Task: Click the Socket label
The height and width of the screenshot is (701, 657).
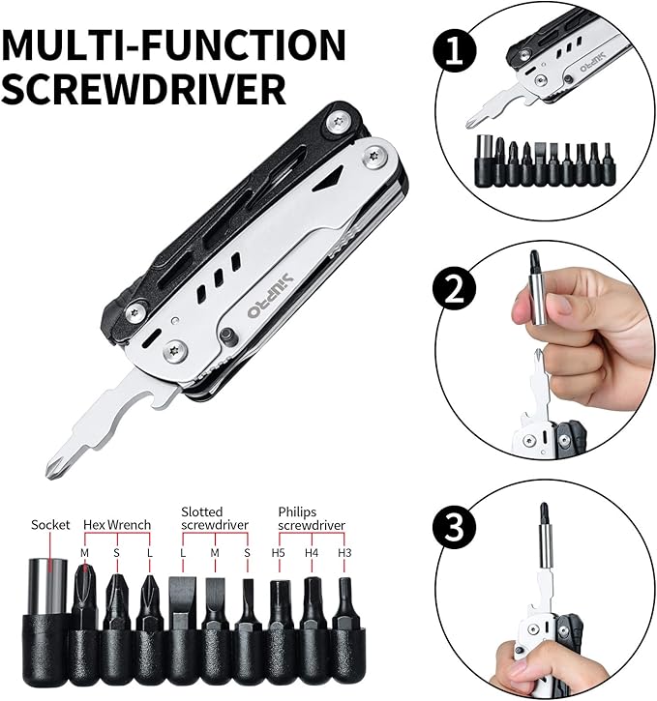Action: [x=50, y=525]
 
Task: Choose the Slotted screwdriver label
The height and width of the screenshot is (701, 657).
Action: [x=215, y=518]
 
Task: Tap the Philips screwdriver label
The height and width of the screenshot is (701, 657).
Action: [x=311, y=518]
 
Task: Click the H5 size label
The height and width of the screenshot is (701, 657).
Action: [x=279, y=552]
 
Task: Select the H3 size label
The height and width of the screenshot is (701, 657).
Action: [x=344, y=552]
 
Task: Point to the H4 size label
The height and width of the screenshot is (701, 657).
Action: [x=312, y=552]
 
